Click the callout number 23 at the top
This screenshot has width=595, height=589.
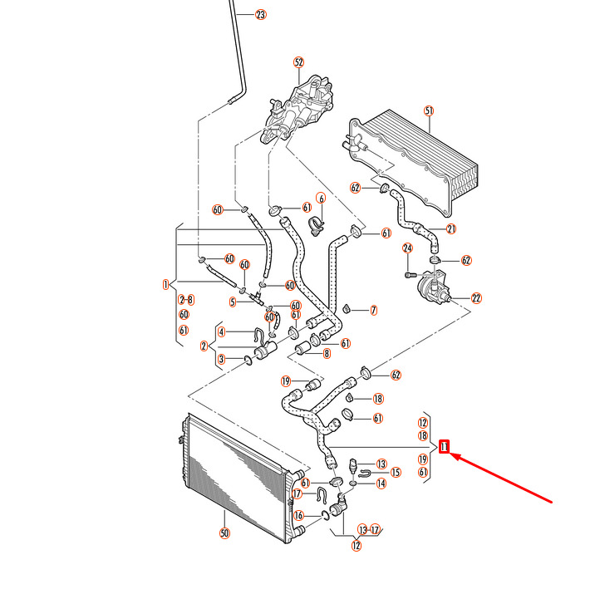(261, 15)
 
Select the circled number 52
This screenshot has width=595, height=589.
(299, 62)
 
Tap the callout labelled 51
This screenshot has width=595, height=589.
(429, 110)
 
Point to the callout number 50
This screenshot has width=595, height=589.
(224, 533)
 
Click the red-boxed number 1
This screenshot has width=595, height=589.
(445, 447)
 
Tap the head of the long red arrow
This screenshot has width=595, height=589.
(453, 455)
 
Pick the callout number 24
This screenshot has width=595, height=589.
(408, 248)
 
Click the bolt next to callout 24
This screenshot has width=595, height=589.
(408, 272)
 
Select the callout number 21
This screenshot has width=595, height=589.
(452, 228)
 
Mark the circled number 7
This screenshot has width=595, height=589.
(373, 310)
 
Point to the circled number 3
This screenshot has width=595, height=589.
(221, 360)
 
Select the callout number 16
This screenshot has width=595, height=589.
(297, 516)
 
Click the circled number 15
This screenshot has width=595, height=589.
(396, 472)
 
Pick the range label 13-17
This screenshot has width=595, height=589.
(369, 529)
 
